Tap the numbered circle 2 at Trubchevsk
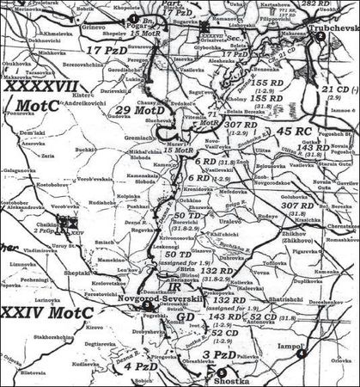(x=320, y=36)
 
